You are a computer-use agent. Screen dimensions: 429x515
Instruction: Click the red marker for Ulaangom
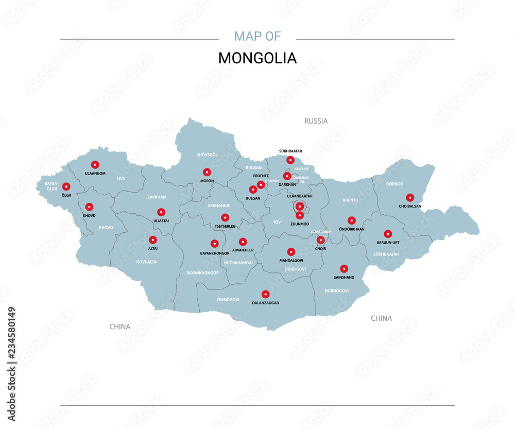point(95,164)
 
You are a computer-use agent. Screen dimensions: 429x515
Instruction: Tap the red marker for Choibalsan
point(410,197)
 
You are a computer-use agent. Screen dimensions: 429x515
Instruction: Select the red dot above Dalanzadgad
point(265,294)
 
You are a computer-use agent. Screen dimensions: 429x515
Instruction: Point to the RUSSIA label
point(316,121)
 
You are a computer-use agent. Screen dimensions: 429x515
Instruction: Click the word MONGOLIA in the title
point(257,58)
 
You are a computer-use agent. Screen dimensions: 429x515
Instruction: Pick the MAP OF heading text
point(257,36)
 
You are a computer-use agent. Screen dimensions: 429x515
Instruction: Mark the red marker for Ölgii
point(66,186)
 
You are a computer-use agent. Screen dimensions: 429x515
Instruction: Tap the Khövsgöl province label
point(207,155)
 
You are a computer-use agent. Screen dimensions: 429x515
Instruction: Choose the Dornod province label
point(395,184)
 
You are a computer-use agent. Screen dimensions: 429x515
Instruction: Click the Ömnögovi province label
point(229,299)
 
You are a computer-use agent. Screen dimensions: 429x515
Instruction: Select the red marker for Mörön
point(207,172)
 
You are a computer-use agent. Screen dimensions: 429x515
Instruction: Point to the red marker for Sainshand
point(344,268)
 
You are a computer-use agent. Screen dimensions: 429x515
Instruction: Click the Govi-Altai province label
point(147,262)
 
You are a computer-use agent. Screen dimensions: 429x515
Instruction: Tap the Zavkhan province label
point(156,197)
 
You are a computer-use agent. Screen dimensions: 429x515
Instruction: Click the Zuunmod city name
point(299,224)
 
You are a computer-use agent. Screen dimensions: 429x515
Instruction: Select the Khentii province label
point(350,200)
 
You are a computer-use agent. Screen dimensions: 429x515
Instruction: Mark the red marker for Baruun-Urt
point(388,234)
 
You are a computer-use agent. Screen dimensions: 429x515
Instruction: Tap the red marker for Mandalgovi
point(291,252)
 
